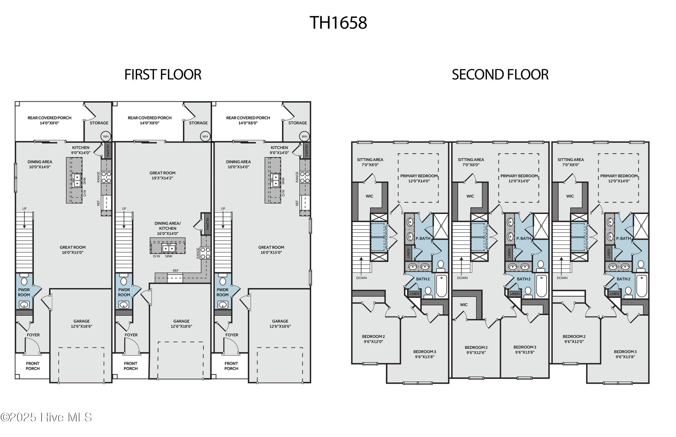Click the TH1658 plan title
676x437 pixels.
338,23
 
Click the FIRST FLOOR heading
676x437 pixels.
163,75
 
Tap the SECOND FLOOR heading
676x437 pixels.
500,75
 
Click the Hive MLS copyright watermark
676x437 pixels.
46,417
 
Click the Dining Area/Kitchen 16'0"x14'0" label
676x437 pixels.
167,228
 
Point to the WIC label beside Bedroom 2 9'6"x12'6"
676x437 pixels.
464,305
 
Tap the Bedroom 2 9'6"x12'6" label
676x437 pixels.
476,350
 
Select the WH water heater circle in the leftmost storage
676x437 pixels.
106,137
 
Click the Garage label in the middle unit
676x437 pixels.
181,323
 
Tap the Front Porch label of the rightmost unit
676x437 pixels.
231,366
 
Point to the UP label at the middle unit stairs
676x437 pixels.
124,209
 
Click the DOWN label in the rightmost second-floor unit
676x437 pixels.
562,278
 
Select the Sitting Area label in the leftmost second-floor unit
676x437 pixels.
370,162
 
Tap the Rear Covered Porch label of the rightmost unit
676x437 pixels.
248,120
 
